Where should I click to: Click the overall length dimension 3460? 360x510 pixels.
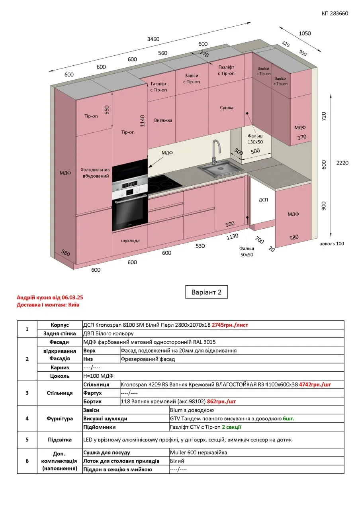pyautogui.click(x=153, y=39)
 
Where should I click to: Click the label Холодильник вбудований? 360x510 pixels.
pyautogui.click(x=95, y=173)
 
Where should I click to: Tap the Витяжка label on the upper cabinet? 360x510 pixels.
pyautogui.click(x=163, y=120)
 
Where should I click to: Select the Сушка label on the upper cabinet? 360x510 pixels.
pyautogui.click(x=227, y=108)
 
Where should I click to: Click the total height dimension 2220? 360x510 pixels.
pyautogui.click(x=342, y=163)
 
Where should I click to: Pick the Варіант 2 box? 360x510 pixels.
pyautogui.click(x=206, y=292)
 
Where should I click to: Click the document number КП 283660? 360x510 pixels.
pyautogui.click(x=335, y=14)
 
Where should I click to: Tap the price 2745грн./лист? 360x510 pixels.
pyautogui.click(x=230, y=325)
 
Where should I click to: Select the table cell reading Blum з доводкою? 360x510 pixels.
pyautogui.click(x=192, y=410)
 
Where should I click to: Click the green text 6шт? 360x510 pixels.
pyautogui.click(x=289, y=418)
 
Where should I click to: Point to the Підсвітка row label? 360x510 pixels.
pyautogui.click(x=60, y=439)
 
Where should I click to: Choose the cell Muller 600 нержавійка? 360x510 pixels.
pyautogui.click(x=198, y=452)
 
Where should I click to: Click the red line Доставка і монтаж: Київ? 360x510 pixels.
pyautogui.click(x=48, y=305)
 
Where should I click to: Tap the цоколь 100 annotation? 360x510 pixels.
pyautogui.click(x=332, y=243)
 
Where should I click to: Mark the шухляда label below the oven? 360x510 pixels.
pyautogui.click(x=130, y=241)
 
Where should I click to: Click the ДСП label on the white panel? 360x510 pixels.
pyautogui.click(x=263, y=200)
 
